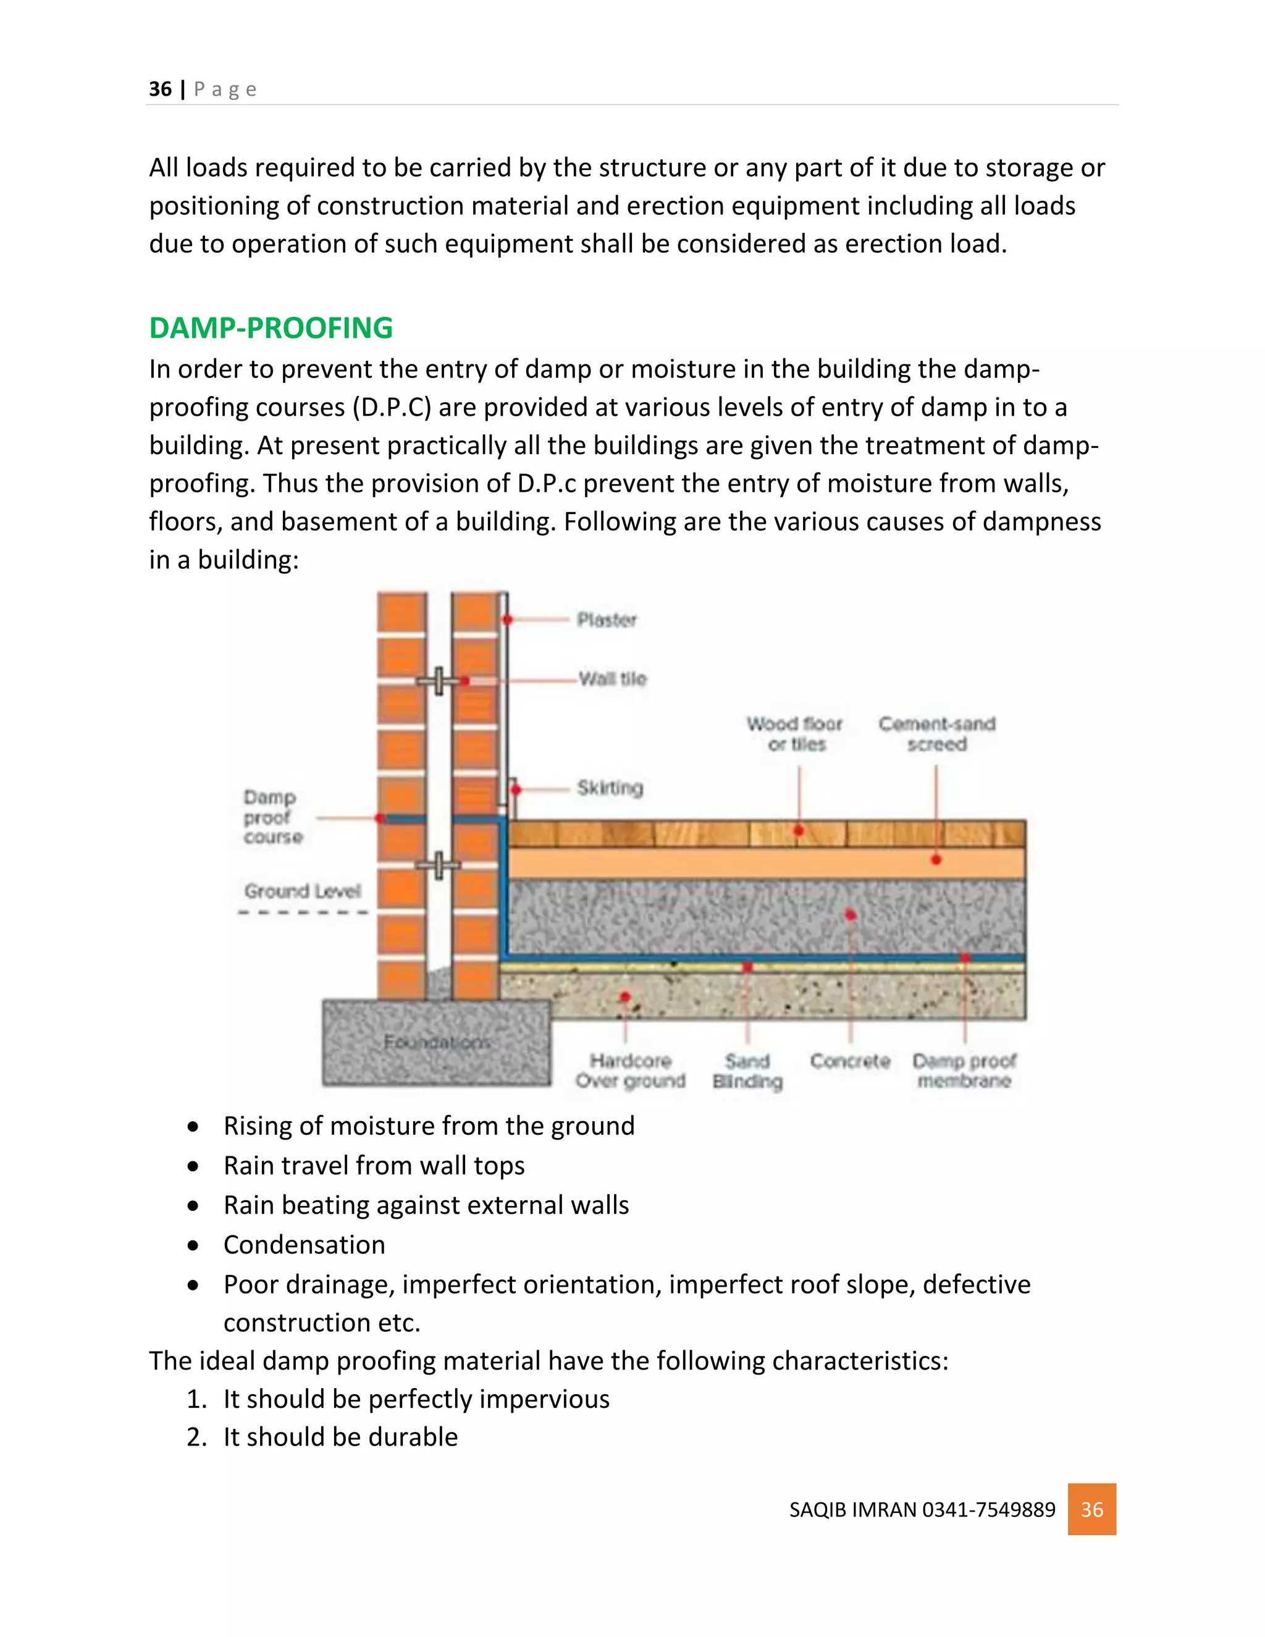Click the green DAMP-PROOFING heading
tap(271, 327)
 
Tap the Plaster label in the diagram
tap(607, 620)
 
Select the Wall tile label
tap(612, 679)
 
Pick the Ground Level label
tap(302, 891)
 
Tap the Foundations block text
tap(437, 1042)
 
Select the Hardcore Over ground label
tap(630, 1071)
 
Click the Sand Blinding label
tap(747, 1071)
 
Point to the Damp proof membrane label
tap(964, 1071)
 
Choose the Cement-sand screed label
tap(937, 734)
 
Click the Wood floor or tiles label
tap(795, 734)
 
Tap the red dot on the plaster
tap(507, 620)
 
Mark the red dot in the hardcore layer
tap(625, 997)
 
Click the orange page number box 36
tap(1091, 1509)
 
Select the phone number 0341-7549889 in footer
tap(988, 1510)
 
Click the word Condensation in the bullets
tap(305, 1245)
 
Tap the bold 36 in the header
tap(159, 89)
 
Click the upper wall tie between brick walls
tap(439, 681)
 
